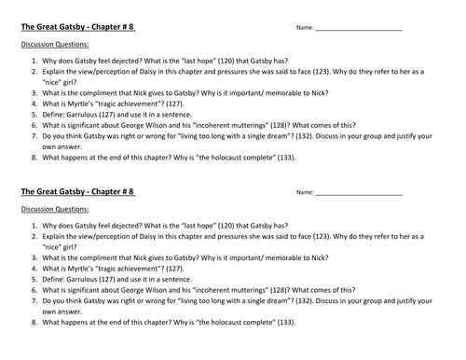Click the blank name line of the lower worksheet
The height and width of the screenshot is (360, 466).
(x=358, y=194)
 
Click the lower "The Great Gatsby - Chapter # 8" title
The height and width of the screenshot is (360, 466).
(x=76, y=191)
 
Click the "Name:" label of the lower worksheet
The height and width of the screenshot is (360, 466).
(x=303, y=193)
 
